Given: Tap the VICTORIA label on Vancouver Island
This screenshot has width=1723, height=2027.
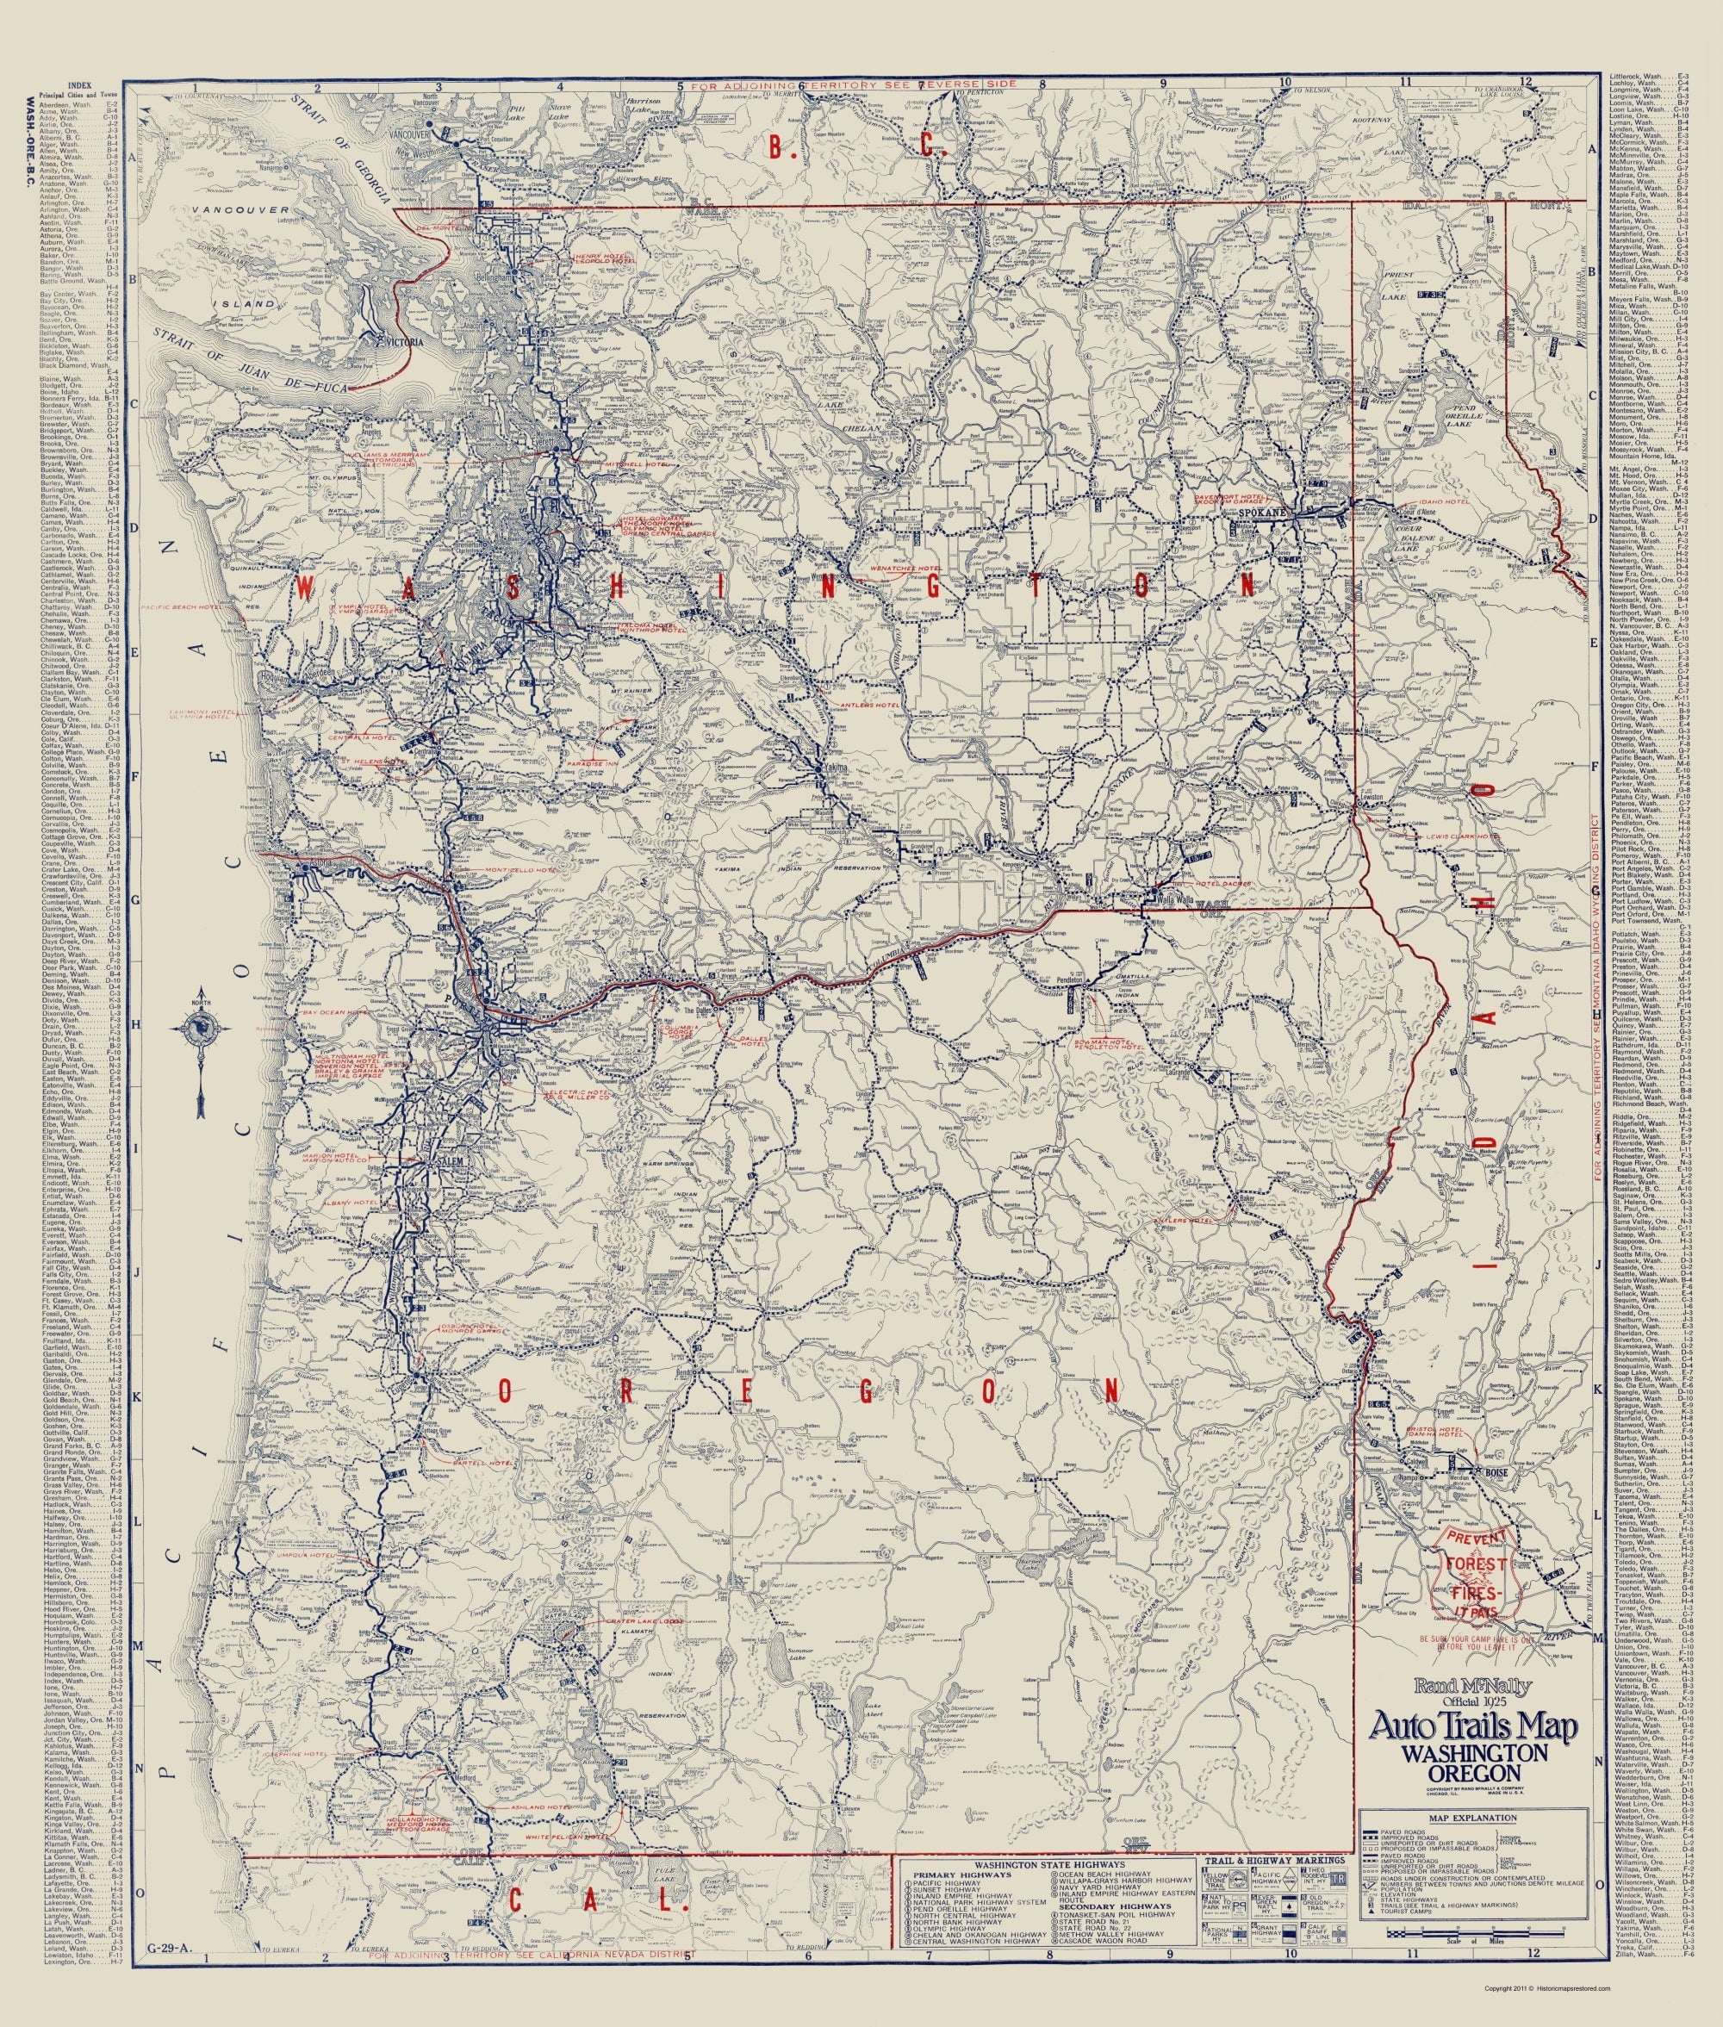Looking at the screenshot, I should [x=402, y=343].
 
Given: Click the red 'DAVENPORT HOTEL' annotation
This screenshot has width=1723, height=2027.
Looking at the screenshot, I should [x=1225, y=496].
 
